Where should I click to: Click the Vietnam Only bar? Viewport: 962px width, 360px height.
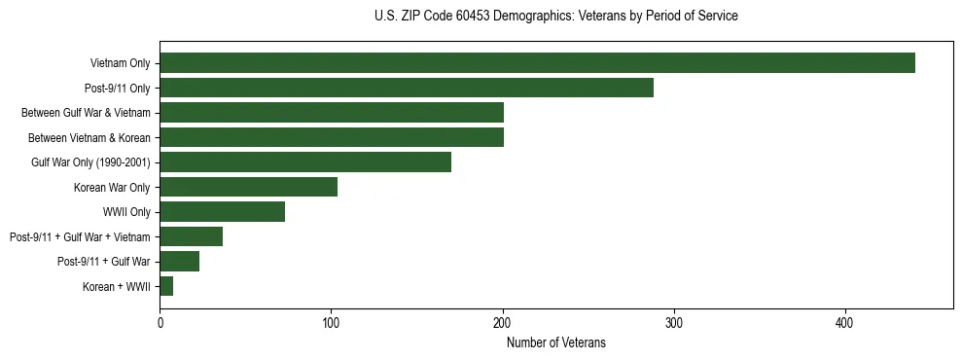(x=537, y=63)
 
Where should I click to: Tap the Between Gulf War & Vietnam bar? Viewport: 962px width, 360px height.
(x=332, y=113)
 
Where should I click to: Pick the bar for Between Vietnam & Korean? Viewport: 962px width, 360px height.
(x=332, y=137)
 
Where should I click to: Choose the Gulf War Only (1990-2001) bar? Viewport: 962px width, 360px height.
(x=305, y=162)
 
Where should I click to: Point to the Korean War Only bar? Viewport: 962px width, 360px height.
(x=248, y=187)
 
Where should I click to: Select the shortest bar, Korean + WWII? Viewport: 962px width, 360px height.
(x=166, y=286)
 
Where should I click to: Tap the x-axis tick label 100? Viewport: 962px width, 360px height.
(x=331, y=323)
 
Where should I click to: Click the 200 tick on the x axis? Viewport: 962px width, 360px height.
(x=503, y=323)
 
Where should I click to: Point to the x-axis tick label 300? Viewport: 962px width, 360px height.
(x=674, y=323)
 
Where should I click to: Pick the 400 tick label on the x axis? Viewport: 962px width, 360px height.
(x=845, y=323)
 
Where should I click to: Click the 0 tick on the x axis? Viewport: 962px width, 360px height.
(x=160, y=323)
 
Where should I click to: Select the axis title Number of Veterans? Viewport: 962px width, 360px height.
(x=555, y=342)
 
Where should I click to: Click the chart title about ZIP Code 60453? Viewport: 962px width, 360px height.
(x=555, y=17)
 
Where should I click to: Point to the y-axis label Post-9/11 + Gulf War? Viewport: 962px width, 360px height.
(x=103, y=262)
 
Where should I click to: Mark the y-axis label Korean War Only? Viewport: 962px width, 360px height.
(x=111, y=188)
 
